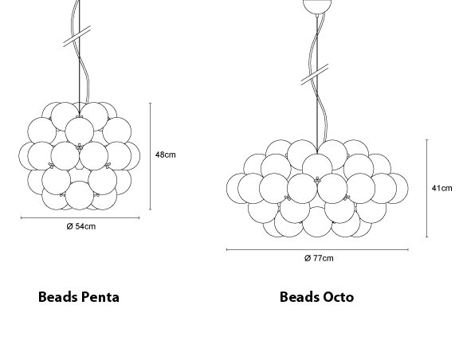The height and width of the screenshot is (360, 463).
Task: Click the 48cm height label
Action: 166,155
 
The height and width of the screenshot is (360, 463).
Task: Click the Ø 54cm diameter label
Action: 81,226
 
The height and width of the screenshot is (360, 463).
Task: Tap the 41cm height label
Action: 441,188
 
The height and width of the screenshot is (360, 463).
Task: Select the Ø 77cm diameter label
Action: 319,258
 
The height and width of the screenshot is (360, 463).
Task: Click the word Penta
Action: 100,297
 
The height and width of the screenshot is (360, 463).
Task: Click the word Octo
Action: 339,297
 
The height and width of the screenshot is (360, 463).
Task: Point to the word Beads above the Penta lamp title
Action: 57,297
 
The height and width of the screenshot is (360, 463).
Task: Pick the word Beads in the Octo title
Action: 300,297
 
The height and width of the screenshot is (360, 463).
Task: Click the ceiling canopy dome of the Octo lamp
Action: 317,6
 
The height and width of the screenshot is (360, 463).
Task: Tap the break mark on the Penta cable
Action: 77,37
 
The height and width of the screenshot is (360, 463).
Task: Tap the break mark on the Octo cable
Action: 315,75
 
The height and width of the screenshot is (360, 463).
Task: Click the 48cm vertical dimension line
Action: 151,156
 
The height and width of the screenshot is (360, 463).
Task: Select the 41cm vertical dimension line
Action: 426,188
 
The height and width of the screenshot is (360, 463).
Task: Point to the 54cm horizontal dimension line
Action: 80,218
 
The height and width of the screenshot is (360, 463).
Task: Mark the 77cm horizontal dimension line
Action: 317,249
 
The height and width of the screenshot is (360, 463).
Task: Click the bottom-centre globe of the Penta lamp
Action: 80,195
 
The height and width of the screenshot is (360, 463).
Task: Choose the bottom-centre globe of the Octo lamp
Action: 317,222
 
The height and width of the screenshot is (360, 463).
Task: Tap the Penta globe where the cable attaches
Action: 80,131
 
